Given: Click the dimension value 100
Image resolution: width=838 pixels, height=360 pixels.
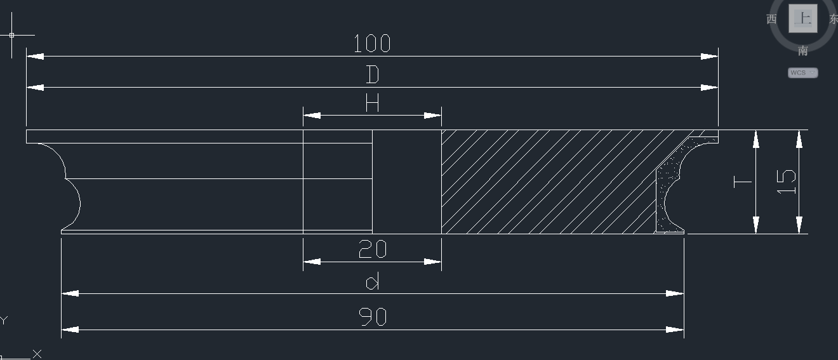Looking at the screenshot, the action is tap(372, 43).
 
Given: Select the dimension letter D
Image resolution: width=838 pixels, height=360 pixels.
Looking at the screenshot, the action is tap(373, 74).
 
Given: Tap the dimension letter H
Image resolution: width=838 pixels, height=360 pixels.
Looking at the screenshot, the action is tap(372, 102).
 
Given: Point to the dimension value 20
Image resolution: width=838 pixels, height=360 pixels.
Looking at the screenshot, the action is tap(372, 249).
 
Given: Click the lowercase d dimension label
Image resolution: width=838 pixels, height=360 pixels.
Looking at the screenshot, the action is tap(373, 281).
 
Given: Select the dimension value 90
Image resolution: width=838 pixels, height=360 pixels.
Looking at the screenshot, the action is tap(373, 317).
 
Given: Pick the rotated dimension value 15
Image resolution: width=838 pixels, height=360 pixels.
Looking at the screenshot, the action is tap(787, 182).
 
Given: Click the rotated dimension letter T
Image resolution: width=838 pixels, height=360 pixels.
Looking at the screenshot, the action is tap(743, 182).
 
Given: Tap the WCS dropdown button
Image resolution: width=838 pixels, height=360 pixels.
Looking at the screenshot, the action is tap(803, 72).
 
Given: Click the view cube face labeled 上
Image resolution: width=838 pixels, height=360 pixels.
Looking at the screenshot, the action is tap(803, 18).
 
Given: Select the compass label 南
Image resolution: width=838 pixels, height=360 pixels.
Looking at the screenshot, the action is tap(803, 51).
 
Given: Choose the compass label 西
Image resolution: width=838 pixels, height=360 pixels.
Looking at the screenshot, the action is tap(771, 19).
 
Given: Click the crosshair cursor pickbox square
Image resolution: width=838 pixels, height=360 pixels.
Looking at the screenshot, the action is tap(11, 35).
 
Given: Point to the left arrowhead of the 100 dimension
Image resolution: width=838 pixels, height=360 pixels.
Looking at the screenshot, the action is tap(35, 57).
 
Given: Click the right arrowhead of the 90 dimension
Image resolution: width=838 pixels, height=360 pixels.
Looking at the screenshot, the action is tap(675, 330).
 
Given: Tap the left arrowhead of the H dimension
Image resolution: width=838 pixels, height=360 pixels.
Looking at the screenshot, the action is tap(312, 116).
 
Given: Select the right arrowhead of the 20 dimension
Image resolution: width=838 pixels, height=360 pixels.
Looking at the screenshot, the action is tap(432, 262).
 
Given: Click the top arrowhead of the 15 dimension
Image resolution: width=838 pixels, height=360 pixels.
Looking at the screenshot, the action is tap(799, 139).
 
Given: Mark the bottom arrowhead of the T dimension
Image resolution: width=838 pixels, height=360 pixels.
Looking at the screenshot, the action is tap(756, 225).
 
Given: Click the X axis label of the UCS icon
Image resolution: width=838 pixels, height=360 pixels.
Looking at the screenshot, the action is tap(37, 354).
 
